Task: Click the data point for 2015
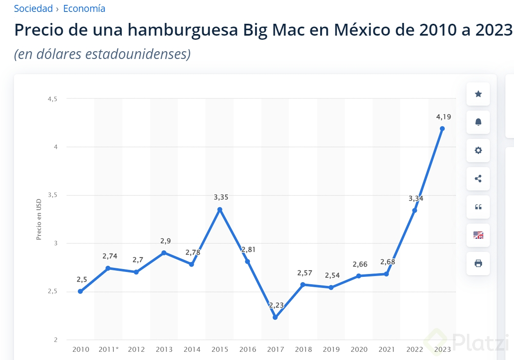point(220,209)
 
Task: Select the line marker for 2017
point(275,317)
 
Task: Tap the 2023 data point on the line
point(442,129)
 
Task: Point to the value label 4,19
point(444,117)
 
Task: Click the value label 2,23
point(276,305)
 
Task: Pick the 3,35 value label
point(221,197)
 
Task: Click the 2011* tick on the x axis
point(109,349)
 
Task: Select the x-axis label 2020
point(359,349)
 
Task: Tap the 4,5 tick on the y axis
point(52,99)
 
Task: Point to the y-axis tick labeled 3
point(55,243)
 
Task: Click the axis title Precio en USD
point(39,220)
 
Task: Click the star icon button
point(478,94)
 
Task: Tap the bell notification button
point(478,122)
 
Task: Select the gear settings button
point(478,150)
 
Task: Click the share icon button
point(478,179)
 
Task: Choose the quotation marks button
point(478,207)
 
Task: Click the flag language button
point(478,235)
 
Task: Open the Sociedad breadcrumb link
point(33,9)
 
